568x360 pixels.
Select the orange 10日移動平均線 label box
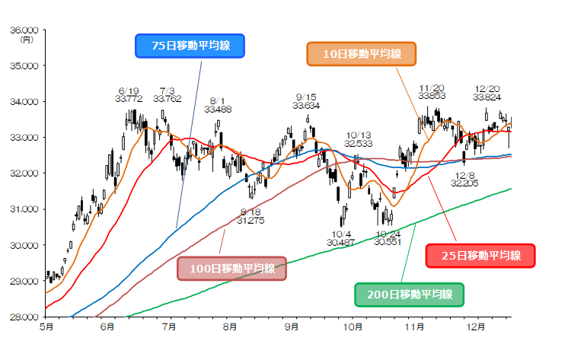tap(362, 54)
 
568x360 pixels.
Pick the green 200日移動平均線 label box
tap(409, 294)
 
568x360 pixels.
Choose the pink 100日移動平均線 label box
tap(231, 268)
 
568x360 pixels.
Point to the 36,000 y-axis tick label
tap(26, 30)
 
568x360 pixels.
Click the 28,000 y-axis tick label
tap(26, 317)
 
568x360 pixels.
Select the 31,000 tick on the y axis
tap(26, 209)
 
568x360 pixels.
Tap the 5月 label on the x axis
tap(46, 327)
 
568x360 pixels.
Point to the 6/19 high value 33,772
tap(129, 98)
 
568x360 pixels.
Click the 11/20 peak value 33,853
tap(432, 97)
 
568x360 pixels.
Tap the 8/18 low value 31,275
tap(250, 221)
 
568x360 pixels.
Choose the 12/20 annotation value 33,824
tap(487, 97)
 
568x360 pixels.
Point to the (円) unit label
tap(27, 40)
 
